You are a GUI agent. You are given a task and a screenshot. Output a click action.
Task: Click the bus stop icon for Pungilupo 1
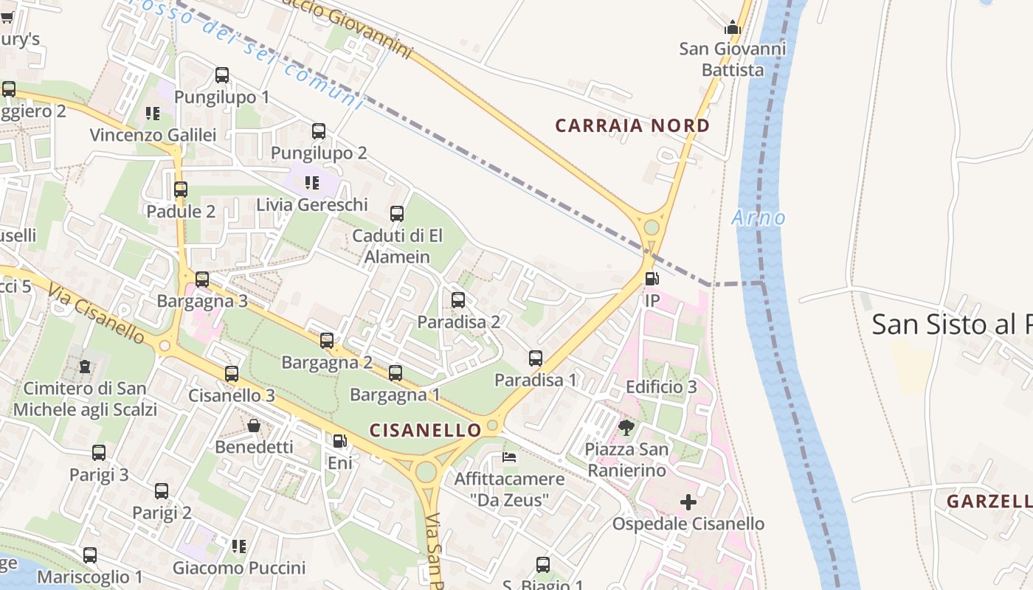point(222,75)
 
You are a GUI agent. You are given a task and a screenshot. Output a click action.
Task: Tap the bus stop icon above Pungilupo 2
point(319,131)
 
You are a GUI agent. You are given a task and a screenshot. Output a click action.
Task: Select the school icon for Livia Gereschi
point(312,182)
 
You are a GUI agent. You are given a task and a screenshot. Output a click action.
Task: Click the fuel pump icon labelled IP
point(652,279)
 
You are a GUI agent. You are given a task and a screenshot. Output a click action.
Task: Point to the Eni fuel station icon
point(339,441)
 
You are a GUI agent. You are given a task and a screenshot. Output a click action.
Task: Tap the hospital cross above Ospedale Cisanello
point(688,503)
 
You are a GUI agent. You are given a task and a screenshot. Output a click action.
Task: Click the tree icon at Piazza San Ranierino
point(626,427)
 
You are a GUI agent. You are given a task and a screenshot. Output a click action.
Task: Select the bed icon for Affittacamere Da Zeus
point(509,457)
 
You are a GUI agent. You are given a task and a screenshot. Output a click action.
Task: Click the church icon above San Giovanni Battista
point(732,28)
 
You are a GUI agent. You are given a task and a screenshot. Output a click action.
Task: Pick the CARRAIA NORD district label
point(632,125)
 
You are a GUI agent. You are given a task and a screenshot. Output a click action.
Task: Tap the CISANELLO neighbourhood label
point(425,429)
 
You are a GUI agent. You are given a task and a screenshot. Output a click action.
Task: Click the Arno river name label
point(759,218)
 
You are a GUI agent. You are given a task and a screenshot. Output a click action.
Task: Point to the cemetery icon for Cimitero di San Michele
point(85,366)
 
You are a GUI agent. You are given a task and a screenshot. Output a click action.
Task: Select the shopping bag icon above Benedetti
point(254,426)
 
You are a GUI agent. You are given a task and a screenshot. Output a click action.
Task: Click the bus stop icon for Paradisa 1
point(536,358)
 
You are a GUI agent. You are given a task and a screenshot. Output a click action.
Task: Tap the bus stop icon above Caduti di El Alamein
point(397,214)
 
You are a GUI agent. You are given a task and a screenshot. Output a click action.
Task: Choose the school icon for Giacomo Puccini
point(238,546)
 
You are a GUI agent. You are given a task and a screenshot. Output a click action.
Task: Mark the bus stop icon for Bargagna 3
point(201,280)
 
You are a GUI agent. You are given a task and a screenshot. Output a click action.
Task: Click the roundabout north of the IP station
point(651,226)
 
